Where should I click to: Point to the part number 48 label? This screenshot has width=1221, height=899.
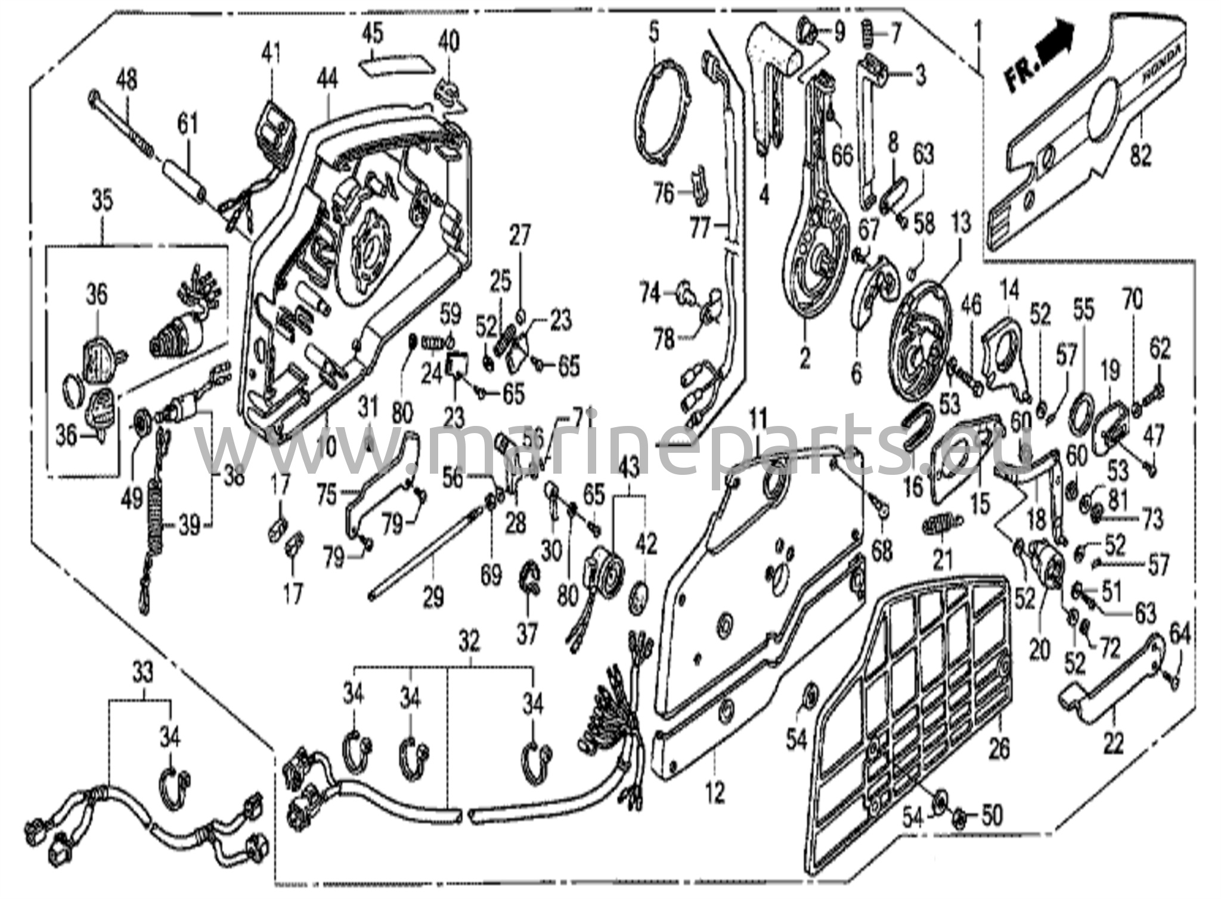[x=126, y=79]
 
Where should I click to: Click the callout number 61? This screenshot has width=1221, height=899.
[x=187, y=125]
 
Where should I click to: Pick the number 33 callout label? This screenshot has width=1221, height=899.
[x=142, y=672]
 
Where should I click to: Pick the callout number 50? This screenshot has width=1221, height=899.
[x=991, y=815]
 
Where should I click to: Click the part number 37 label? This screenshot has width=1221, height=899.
[x=527, y=633]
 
